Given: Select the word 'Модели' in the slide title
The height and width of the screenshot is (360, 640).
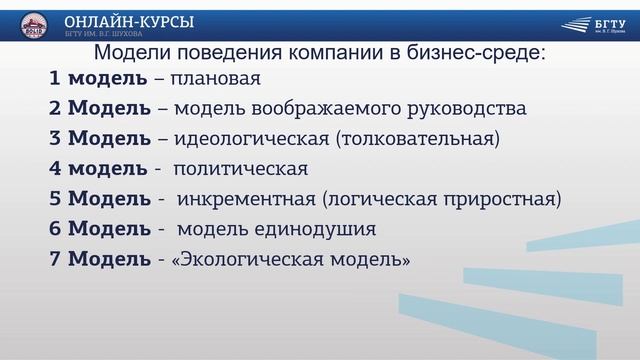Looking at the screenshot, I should tap(129, 53).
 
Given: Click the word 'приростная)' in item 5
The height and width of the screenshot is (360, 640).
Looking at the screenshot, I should tap(496, 199).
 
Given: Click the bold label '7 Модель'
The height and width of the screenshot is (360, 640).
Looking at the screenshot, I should tap(96, 260).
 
